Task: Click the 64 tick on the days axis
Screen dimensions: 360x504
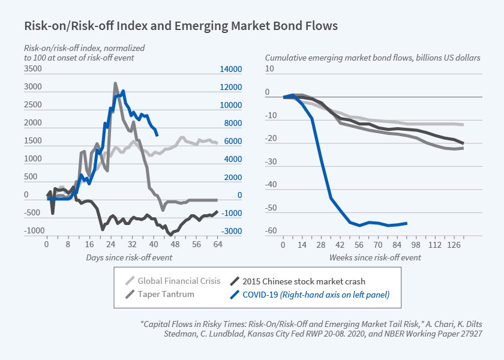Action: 218,245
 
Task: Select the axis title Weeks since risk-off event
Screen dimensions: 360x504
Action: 375,257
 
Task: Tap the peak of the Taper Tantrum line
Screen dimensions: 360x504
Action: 116,83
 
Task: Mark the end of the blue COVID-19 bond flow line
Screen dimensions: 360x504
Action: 407,223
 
